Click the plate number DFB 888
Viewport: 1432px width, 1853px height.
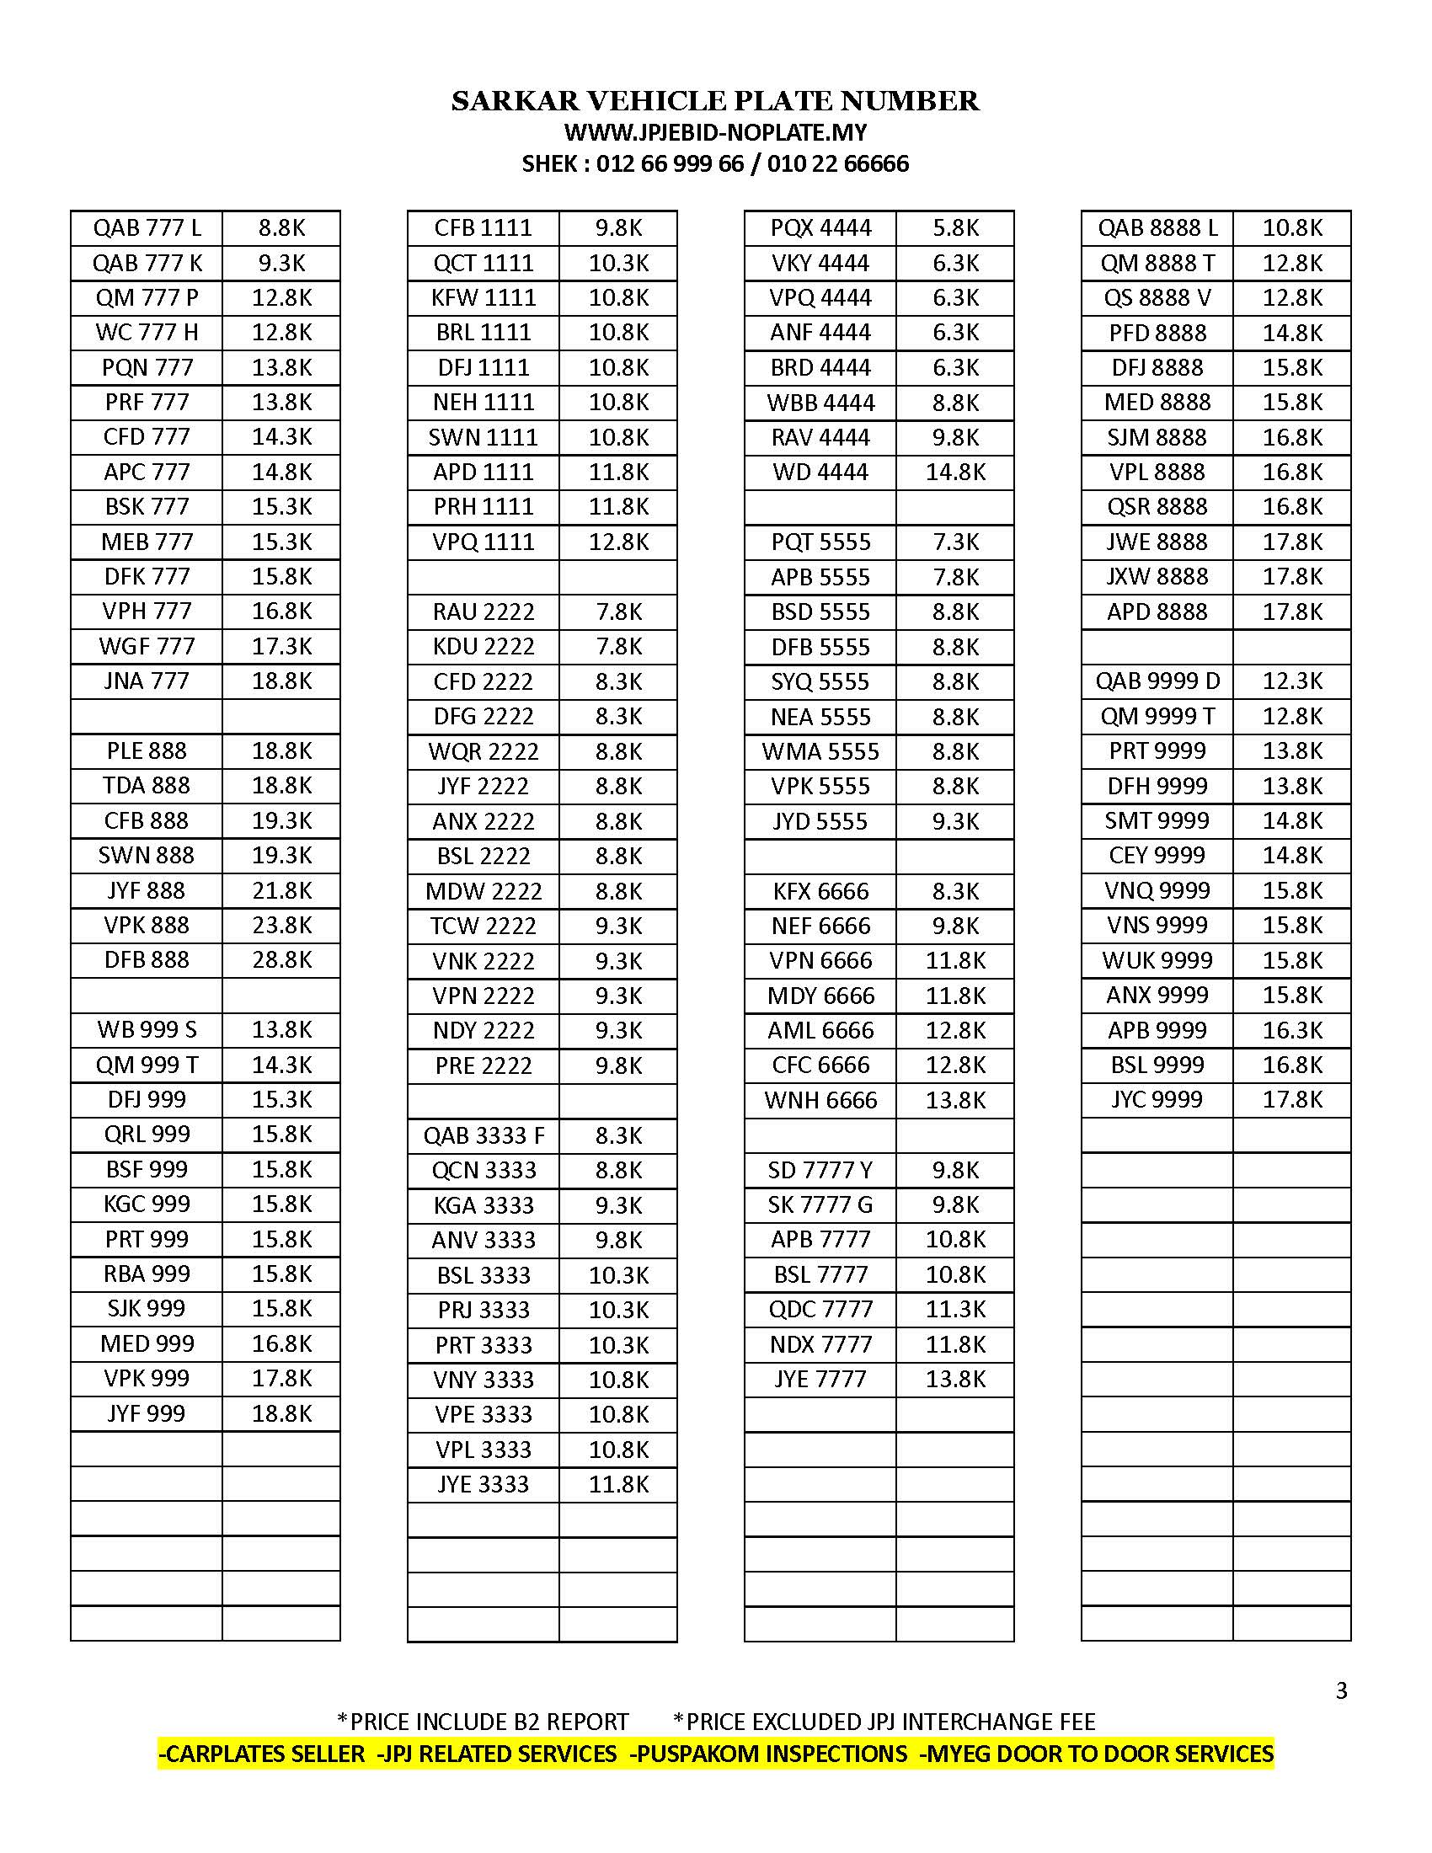[x=147, y=959]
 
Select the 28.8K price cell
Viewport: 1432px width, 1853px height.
[x=281, y=959]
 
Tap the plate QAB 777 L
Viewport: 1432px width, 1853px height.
[x=147, y=227]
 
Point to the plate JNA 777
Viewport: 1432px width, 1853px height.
[x=147, y=681]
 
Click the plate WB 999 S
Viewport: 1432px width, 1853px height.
[x=147, y=1029]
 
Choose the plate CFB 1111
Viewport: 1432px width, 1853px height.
[x=483, y=227]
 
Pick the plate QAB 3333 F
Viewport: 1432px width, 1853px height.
[x=484, y=1135]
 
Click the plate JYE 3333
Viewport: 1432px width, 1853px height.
[x=483, y=1484]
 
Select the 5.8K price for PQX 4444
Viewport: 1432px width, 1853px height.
[x=955, y=227]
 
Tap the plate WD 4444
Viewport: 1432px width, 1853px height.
[x=820, y=472]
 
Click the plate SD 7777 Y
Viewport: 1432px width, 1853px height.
[x=820, y=1170]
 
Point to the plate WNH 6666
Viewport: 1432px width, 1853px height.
[x=820, y=1101]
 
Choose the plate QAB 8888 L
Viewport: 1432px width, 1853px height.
[x=1157, y=227]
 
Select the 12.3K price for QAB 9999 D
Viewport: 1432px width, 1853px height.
[x=1292, y=681]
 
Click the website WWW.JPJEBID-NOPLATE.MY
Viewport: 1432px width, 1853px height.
[x=715, y=132]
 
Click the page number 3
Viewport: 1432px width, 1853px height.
[x=1341, y=1691]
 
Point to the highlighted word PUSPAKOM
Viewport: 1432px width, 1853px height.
[x=704, y=1754]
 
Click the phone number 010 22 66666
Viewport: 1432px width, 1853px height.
[x=837, y=163]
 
